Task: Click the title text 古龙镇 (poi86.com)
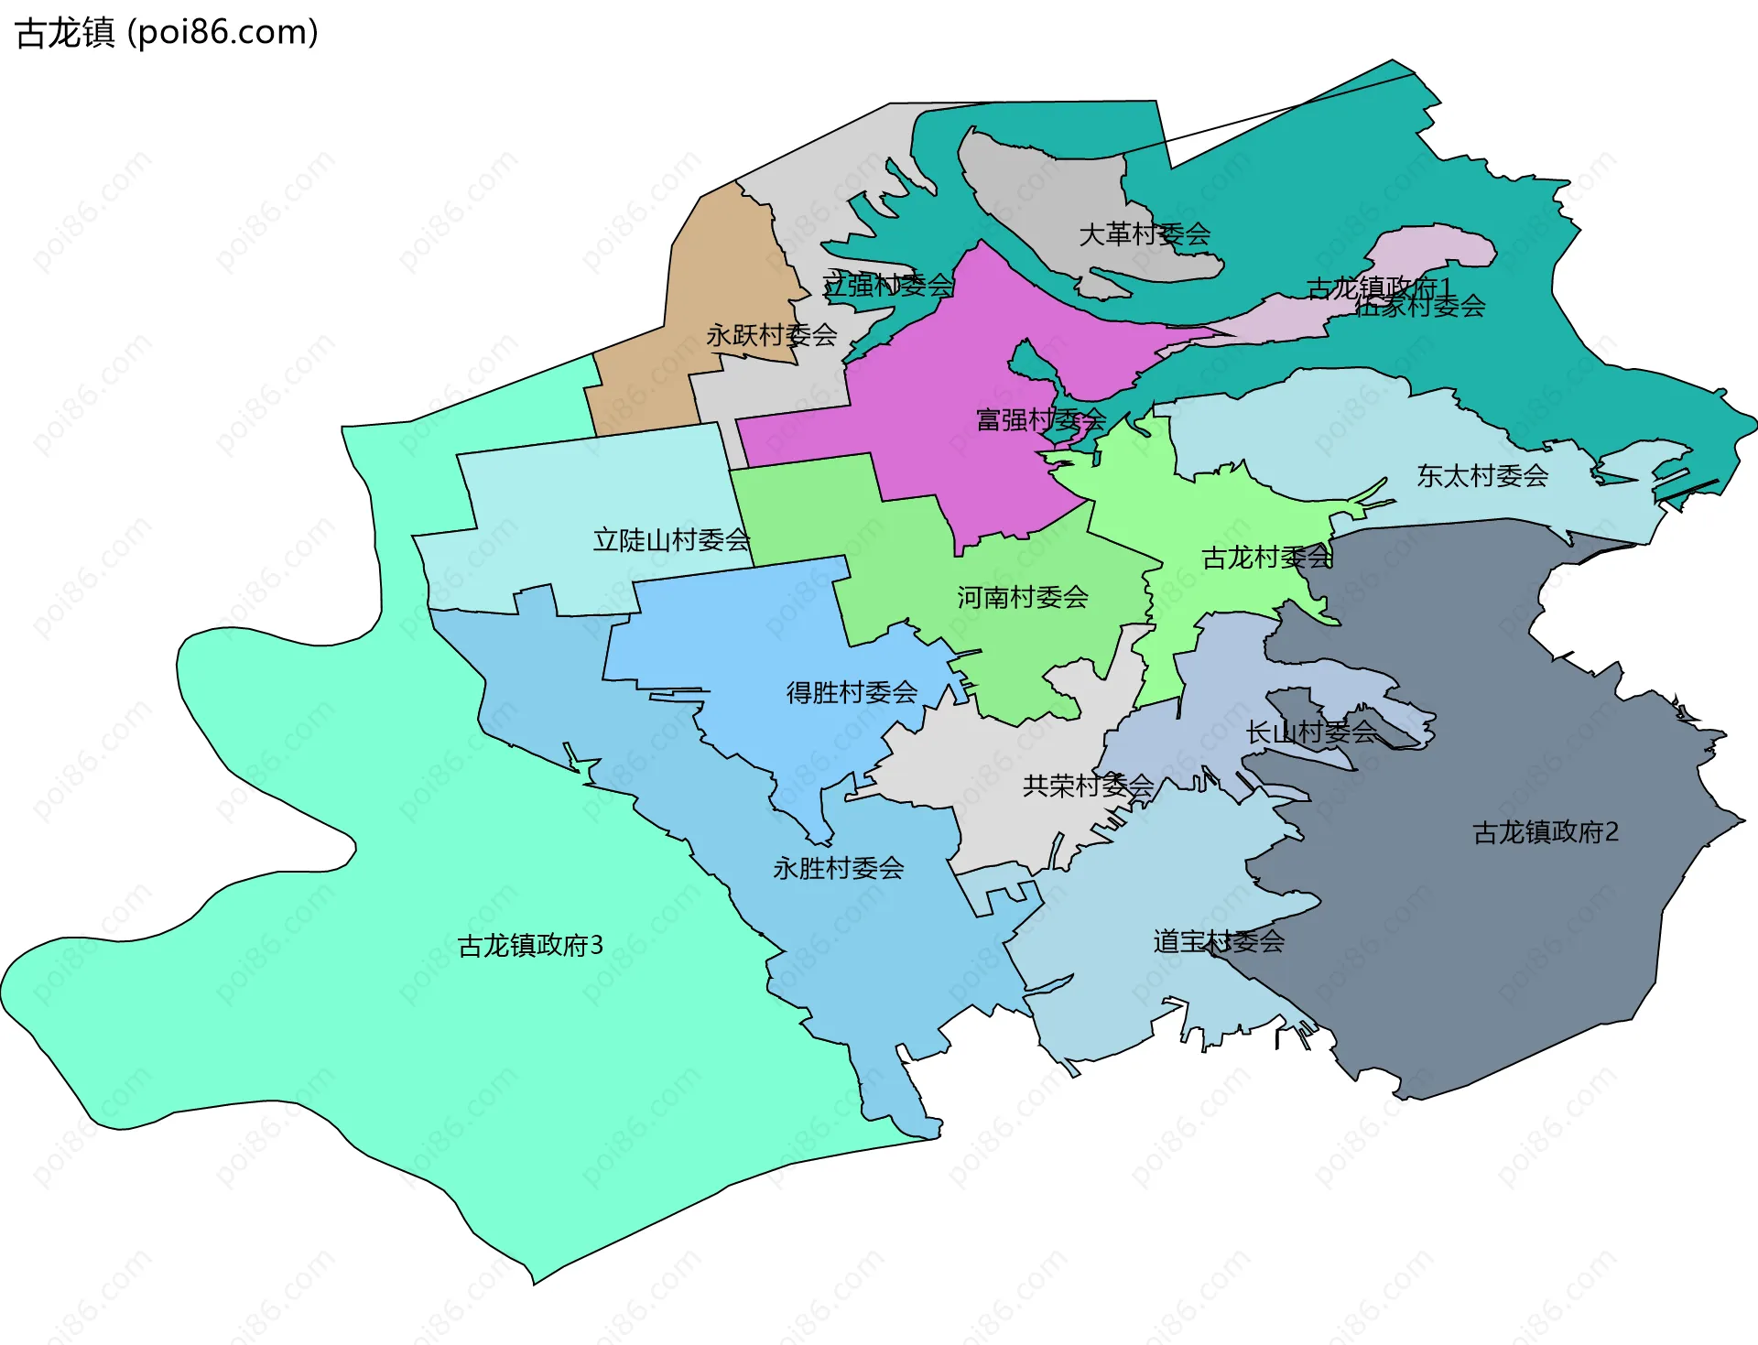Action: [167, 33]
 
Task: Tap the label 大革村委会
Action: [1145, 234]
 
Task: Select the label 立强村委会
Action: [887, 285]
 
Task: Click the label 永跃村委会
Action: [771, 335]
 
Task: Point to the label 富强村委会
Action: [1041, 420]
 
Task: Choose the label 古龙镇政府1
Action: [1378, 287]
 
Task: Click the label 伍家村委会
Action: [1420, 307]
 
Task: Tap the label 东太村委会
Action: [1482, 475]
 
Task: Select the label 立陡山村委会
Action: [671, 540]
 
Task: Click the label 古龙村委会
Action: [1266, 558]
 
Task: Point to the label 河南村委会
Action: [1023, 598]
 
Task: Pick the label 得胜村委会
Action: [852, 692]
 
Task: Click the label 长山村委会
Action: [1310, 732]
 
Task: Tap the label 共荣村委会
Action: [1088, 786]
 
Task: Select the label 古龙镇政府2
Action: [1546, 831]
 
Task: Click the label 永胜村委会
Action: [838, 868]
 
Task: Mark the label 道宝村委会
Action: [1219, 941]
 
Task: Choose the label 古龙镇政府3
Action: [530, 945]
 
